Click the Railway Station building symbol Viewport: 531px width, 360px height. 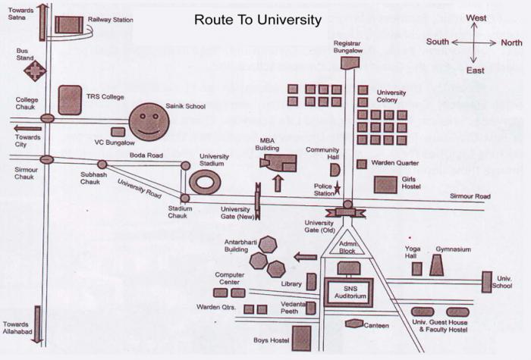pos(69,25)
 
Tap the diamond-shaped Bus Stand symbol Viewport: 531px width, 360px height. pos(35,70)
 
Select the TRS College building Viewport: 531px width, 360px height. pos(70,100)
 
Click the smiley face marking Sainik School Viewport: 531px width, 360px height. pos(149,122)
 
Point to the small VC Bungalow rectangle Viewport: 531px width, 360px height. pos(118,132)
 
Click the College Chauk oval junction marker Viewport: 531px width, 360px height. pos(47,118)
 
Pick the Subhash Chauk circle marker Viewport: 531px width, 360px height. pos(102,164)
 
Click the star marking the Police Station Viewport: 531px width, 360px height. pos(337,188)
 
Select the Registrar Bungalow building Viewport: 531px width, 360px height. pos(350,63)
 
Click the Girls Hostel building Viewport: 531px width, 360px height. pos(385,185)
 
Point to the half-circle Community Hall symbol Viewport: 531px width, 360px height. pos(335,170)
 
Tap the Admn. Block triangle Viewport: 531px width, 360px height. pos(347,243)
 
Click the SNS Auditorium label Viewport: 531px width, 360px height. pos(350,293)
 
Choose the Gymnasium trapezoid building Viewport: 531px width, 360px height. pos(436,265)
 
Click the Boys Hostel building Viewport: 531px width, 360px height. pos(301,338)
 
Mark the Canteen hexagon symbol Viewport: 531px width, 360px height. pos(354,324)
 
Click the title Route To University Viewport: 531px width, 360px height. pos(258,20)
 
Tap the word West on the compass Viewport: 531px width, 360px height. pos(476,18)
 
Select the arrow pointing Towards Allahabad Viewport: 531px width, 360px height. pos(37,325)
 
